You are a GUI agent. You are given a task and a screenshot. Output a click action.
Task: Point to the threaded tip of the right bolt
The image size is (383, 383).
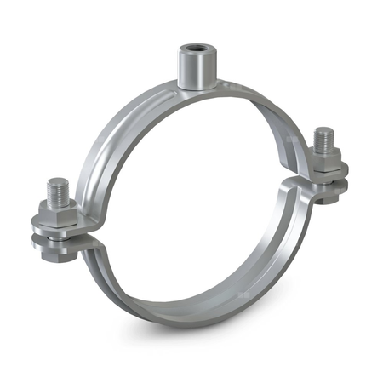click(x=323, y=136)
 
